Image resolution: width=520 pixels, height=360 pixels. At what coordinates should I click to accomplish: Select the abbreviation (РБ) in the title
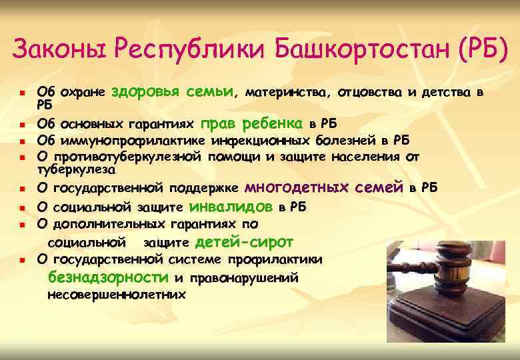coord(478,49)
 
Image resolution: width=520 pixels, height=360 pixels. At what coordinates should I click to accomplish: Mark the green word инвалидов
coord(233,206)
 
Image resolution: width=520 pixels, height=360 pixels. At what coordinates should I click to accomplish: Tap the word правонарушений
coord(243,277)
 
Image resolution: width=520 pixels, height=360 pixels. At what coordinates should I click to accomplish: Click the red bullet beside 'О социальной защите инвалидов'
coord(22,208)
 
